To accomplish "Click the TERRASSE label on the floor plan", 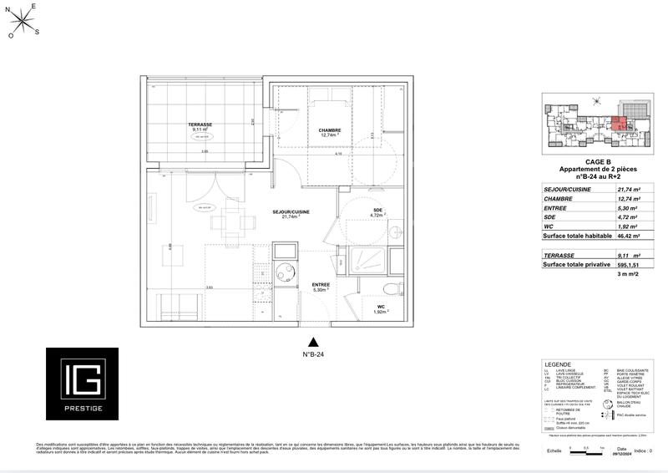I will point(201,125).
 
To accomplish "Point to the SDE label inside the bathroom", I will point(377,210).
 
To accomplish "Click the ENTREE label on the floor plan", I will point(321,285).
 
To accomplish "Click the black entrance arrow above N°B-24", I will point(313,342).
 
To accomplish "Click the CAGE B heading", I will point(597,161).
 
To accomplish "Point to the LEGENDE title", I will point(558,365).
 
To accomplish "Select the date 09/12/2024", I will point(625,451).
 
